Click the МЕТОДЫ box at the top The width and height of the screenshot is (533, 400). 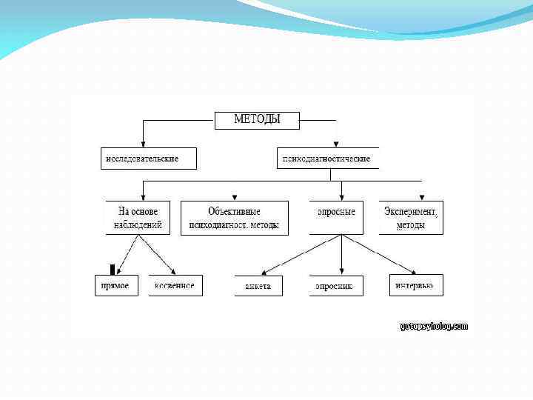pyautogui.click(x=257, y=120)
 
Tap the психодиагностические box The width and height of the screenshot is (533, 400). pyautogui.click(x=328, y=159)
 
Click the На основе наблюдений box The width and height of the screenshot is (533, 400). pyautogui.click(x=138, y=218)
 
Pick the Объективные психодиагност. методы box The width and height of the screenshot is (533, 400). pyautogui.click(x=235, y=218)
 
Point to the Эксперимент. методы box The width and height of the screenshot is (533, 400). pyautogui.click(x=411, y=218)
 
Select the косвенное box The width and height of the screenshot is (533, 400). pyautogui.click(x=175, y=285)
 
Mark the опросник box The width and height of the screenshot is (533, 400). pyautogui.click(x=336, y=286)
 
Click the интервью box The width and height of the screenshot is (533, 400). pyautogui.click(x=416, y=285)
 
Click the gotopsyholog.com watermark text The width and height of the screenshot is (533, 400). pyautogui.click(x=434, y=326)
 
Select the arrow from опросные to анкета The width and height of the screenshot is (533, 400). pyautogui.click(x=301, y=255)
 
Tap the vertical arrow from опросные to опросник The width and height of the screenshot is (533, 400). pyautogui.click(x=341, y=256)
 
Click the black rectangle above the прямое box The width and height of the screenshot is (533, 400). pyautogui.click(x=113, y=270)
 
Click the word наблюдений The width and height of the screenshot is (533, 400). pyautogui.click(x=138, y=225)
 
